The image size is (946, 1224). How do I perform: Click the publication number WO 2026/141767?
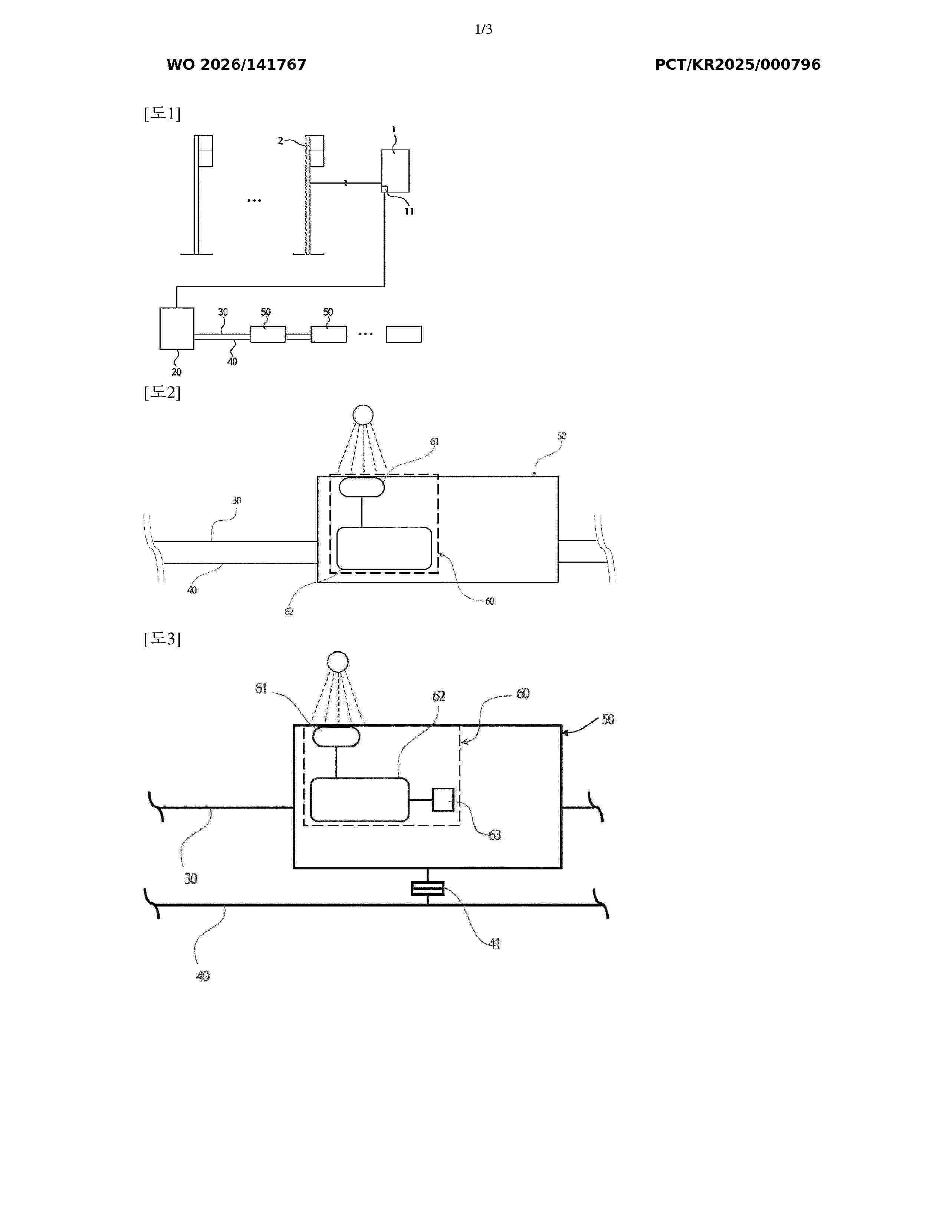(237, 65)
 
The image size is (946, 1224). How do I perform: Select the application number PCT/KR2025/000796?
(738, 65)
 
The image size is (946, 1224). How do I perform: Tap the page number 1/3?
(483, 29)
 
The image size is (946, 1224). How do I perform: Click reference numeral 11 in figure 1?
(409, 211)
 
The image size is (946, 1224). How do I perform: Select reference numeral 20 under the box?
(177, 372)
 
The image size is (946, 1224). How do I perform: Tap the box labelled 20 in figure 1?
(177, 328)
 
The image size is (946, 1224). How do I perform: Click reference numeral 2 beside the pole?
(280, 141)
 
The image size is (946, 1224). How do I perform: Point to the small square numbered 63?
(443, 800)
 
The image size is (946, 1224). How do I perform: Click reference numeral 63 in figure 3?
(494, 835)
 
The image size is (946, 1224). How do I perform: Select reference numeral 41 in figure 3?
(494, 944)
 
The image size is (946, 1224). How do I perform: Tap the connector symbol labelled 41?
(428, 888)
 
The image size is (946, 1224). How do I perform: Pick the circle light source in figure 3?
(338, 662)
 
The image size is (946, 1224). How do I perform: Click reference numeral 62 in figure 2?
(289, 611)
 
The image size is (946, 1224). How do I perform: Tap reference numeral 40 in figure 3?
(202, 976)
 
